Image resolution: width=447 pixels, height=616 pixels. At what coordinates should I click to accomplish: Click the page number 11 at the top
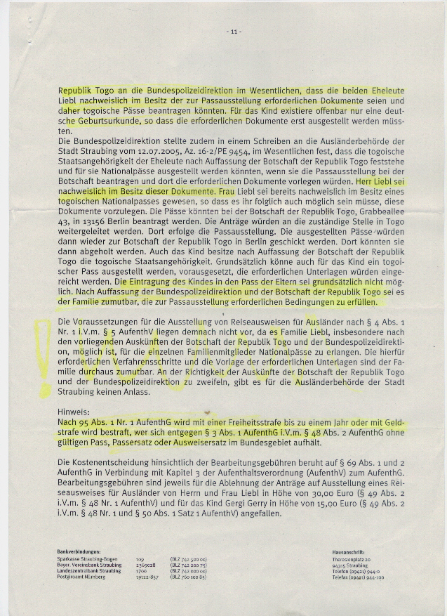234,32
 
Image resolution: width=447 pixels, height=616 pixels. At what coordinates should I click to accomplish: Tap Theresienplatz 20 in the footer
350,559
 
